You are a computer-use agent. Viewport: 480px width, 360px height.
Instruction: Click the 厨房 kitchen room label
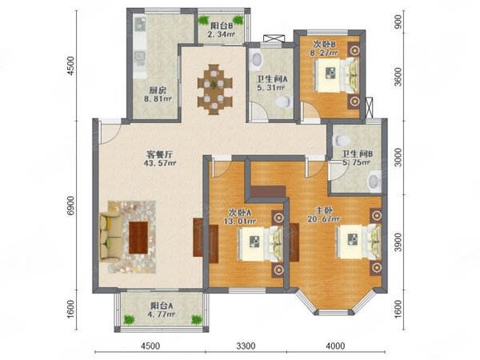(158, 90)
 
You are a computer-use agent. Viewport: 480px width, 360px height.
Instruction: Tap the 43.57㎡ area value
(159, 163)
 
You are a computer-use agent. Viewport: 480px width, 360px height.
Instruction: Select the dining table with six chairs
(215, 90)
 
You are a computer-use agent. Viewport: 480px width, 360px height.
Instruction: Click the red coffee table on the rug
(138, 238)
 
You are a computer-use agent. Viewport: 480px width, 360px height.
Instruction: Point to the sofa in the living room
(110, 237)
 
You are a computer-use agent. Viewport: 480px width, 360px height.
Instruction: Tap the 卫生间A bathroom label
(272, 79)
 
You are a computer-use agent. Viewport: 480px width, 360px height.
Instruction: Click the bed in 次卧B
(337, 74)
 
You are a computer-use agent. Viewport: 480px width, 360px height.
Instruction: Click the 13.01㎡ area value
(240, 221)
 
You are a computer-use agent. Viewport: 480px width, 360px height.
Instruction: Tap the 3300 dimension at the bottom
(246, 346)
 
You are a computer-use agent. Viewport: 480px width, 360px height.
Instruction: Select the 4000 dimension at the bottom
(335, 346)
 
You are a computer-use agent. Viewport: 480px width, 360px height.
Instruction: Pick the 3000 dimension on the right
(398, 158)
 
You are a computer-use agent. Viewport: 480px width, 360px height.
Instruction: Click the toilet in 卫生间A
(283, 102)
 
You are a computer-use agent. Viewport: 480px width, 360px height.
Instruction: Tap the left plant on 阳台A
(129, 320)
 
